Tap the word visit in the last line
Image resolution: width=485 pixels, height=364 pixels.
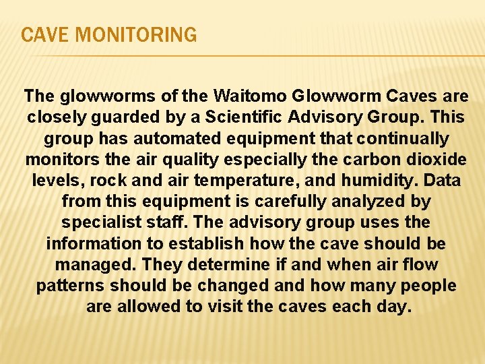point(249,306)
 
